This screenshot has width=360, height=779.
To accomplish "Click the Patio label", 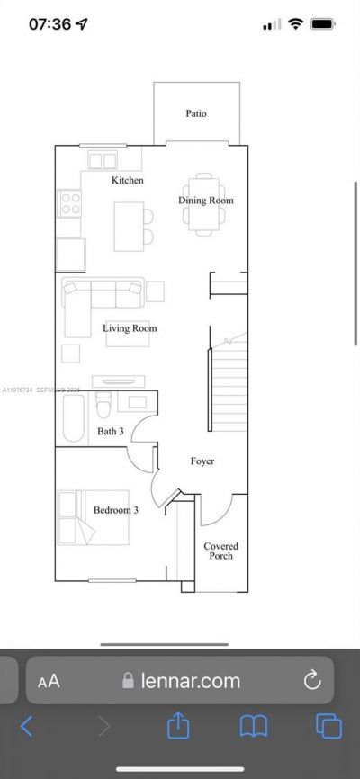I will (x=196, y=113).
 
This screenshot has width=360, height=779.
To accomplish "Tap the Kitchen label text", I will (x=127, y=180).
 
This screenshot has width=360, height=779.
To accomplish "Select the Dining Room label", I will (x=205, y=200).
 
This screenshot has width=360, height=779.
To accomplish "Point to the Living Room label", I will (x=130, y=328).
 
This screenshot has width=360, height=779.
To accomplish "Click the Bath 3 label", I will (x=111, y=432).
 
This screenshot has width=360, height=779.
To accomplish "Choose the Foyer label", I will (x=202, y=461).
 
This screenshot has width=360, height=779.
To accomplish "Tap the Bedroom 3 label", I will (x=116, y=510).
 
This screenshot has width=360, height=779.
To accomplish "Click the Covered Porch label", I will (x=220, y=551).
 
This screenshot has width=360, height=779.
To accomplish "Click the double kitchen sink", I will (x=103, y=160).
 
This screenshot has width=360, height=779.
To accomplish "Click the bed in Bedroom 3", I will (x=93, y=517).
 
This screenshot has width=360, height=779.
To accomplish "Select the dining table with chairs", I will (x=206, y=202).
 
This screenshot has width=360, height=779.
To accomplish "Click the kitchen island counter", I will (x=127, y=227).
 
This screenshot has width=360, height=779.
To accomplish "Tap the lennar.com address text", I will (x=190, y=680).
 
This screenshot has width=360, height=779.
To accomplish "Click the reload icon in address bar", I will (x=312, y=680).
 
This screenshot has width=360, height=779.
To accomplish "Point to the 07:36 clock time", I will (x=50, y=24).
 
